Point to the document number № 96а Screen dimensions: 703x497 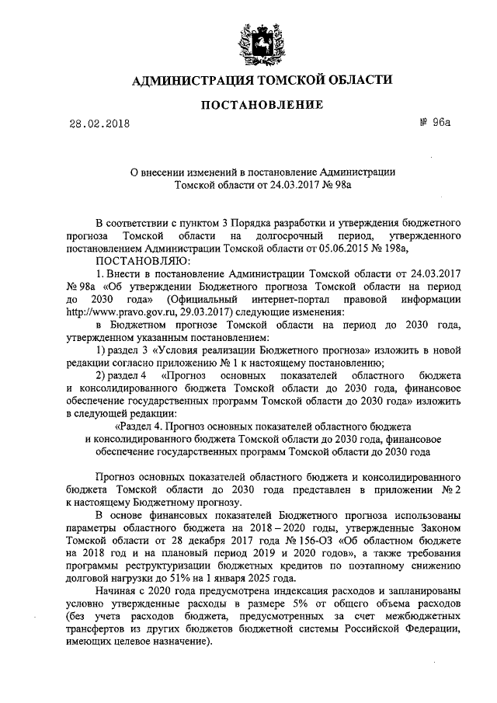coord(432,122)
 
